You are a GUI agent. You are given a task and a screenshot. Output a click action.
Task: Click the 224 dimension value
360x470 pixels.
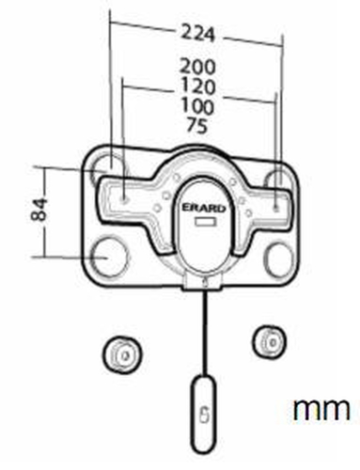[198, 34]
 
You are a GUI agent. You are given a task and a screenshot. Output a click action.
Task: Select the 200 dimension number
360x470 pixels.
[197, 67]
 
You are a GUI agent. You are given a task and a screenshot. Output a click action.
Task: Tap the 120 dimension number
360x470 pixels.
[198, 86]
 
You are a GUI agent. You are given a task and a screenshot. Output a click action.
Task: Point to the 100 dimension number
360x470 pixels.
[197, 105]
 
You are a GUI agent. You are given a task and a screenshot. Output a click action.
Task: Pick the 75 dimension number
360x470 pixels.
[196, 125]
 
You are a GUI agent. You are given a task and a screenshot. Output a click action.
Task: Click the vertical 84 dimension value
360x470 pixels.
[39, 210]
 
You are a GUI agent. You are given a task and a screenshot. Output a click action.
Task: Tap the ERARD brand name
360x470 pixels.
[204, 208]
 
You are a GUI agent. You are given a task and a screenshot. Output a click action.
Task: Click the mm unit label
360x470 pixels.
[321, 409]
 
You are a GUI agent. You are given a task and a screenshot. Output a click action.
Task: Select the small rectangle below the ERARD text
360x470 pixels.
[205, 222]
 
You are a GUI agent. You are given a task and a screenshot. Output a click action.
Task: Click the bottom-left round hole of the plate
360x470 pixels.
[109, 257]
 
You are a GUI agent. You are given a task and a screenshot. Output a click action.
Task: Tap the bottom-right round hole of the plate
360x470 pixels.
[281, 258]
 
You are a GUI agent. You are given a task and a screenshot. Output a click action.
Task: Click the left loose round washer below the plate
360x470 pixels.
[121, 354]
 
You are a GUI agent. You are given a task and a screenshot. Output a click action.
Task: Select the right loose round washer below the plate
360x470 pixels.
[269, 342]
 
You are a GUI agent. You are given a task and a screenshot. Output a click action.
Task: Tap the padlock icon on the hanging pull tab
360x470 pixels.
[204, 415]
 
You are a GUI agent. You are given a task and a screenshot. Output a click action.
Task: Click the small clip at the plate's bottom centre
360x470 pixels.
[204, 281]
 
